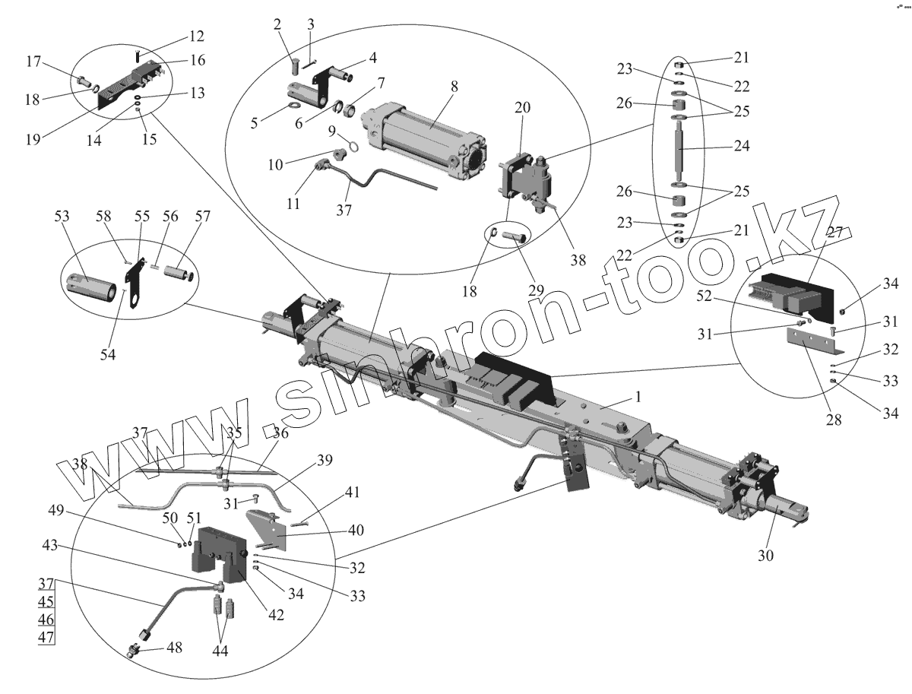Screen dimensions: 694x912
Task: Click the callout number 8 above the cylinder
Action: pos(454,87)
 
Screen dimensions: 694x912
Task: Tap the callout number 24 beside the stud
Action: pos(741,145)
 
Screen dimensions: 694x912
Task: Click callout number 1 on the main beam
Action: pos(639,397)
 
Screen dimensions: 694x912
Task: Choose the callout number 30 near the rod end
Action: pos(765,556)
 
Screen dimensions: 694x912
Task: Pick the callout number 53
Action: pos(61,217)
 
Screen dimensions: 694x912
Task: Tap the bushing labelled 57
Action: pos(183,271)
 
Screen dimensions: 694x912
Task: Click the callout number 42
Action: pos(275,615)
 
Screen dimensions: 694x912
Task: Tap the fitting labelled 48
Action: pos(135,651)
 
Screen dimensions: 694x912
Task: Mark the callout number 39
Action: pos(325,461)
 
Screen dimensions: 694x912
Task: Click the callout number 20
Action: pos(522,109)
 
